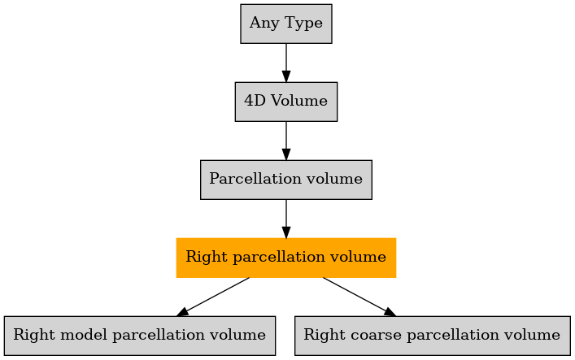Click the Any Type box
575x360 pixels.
(286, 24)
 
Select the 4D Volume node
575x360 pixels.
(286, 102)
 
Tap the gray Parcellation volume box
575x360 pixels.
(286, 180)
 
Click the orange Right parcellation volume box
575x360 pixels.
(286, 258)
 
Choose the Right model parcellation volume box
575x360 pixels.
(140, 336)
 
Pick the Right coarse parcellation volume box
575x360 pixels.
(433, 336)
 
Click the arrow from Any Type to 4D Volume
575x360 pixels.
(286, 63)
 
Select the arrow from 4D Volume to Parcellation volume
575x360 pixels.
(286, 141)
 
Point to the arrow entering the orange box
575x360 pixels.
(286, 219)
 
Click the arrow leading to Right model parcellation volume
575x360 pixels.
(213, 297)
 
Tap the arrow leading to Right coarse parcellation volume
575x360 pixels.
(359, 297)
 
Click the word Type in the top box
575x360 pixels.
(303, 24)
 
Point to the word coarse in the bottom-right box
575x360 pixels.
(376, 336)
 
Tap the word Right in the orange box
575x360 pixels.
(207, 258)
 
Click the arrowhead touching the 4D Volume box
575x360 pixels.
(286, 76)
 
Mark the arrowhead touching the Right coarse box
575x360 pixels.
(390, 312)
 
